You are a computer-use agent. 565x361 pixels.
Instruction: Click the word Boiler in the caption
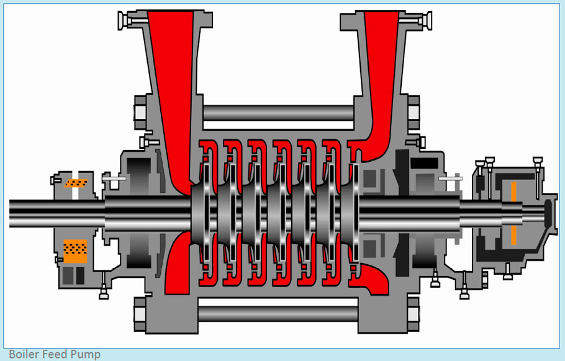[x=24, y=354]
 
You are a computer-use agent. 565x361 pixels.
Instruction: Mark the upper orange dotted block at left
[x=76, y=183]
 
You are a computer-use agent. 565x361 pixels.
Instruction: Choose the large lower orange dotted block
[x=75, y=249]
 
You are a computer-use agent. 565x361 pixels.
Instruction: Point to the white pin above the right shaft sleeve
[x=450, y=179]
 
